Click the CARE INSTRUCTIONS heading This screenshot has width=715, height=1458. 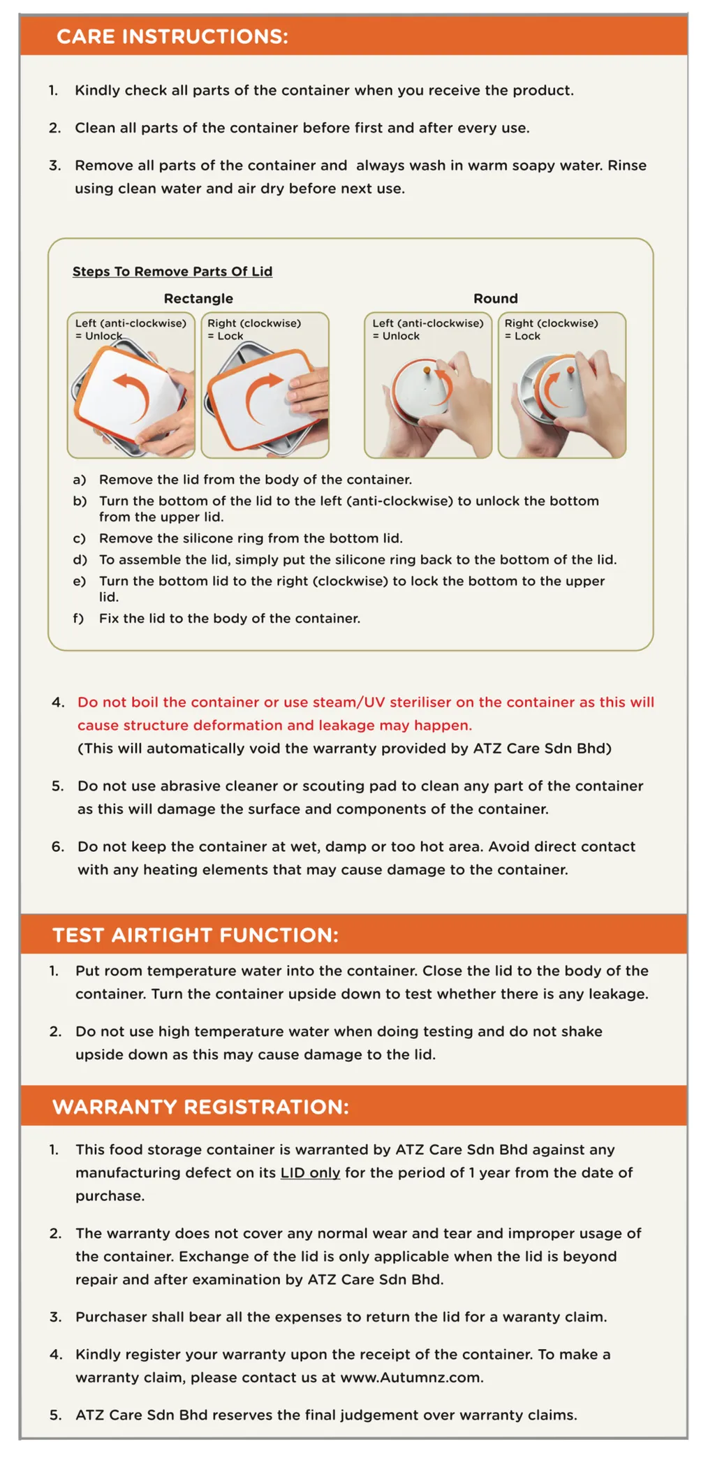point(172,36)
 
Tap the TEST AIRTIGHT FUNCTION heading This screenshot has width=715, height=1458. point(196,935)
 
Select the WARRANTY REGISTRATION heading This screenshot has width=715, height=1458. point(200,1107)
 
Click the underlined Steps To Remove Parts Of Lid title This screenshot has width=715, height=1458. point(172,272)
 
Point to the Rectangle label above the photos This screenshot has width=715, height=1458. point(198,299)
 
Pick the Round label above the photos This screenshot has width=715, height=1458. point(496,299)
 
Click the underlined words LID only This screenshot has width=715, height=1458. point(310,1172)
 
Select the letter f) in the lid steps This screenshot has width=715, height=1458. point(78,618)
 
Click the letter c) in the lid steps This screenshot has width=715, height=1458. point(80,538)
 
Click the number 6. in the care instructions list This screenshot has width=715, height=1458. point(58,846)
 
